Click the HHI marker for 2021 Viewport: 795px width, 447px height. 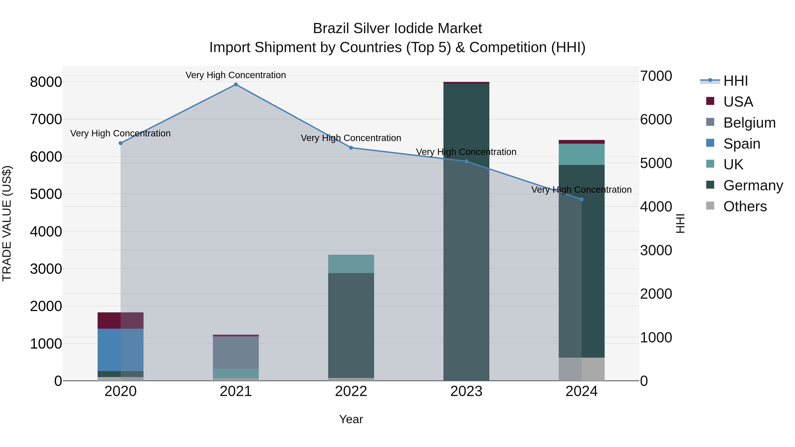[236, 85]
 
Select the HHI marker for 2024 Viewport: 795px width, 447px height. [581, 200]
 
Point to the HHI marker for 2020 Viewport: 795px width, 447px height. [121, 143]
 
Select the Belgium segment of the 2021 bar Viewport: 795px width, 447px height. [236, 352]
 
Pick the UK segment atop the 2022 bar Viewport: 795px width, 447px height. [351, 264]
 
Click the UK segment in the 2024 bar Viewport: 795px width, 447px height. [581, 154]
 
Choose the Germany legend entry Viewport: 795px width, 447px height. [753, 185]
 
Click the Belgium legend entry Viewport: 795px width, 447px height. [749, 123]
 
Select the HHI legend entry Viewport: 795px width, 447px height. [735, 81]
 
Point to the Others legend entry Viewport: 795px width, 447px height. [745, 206]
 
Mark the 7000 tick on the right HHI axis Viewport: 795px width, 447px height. [656, 76]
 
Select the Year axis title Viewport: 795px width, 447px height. [351, 419]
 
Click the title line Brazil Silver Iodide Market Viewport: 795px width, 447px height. [397, 28]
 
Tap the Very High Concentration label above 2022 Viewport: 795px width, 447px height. [351, 138]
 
